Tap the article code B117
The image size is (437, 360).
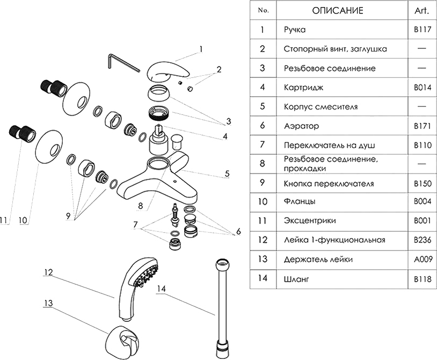tap(421, 30)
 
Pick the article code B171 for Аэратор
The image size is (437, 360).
tap(421, 126)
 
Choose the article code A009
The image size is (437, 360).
tap(421, 260)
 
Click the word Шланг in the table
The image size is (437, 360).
tap(295, 279)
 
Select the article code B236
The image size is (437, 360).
tap(421, 240)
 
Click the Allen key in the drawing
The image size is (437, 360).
tap(119, 61)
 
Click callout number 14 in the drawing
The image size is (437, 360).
tap(163, 289)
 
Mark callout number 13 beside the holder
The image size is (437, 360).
tap(48, 303)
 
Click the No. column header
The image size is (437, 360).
tap(263, 10)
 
